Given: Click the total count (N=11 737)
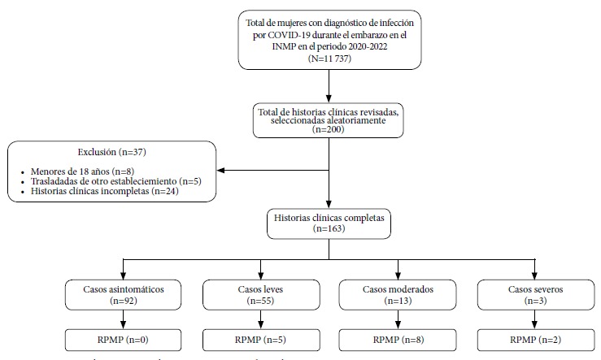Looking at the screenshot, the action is tap(329, 59).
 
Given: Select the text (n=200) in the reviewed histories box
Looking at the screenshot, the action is tap(329, 129).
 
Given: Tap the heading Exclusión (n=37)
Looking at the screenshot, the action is tap(112, 152).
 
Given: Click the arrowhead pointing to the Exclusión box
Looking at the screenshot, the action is tap(220, 170).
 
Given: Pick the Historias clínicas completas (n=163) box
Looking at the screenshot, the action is tap(329, 223).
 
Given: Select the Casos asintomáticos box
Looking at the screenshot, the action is tap(123, 294).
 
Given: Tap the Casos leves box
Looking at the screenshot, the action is tap(261, 294).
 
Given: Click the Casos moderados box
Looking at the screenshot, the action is tap(398, 294).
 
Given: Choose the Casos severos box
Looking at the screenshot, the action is tap(536, 294).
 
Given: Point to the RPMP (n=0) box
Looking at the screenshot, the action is tap(123, 340).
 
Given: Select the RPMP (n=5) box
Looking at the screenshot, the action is tap(261, 340).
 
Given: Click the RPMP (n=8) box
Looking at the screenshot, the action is tap(398, 340).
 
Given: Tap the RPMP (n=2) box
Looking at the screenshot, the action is tap(536, 340).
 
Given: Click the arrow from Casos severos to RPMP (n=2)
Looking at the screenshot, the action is tap(534, 319).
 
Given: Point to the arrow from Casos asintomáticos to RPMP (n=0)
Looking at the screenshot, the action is tap(123, 319).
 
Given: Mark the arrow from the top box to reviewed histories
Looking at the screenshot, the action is tap(329, 86).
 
